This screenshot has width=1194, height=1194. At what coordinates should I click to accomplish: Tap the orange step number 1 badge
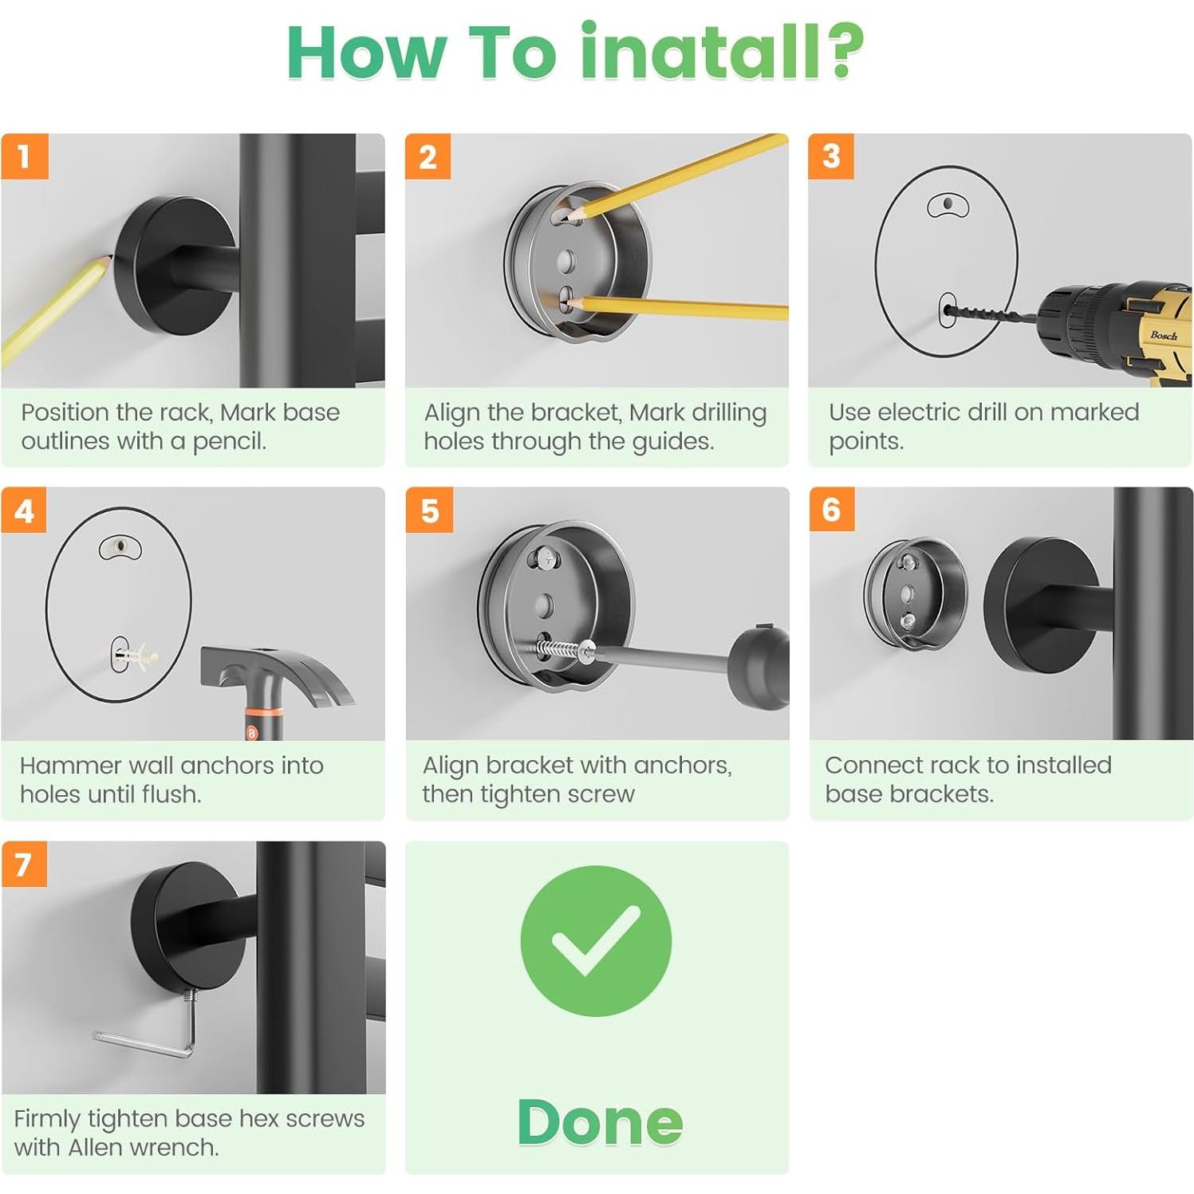coord(25,156)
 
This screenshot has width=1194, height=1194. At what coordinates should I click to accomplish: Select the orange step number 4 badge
coord(25,510)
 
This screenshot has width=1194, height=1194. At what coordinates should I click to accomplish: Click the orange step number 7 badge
coord(24,864)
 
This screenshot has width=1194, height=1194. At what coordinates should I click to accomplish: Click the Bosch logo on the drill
coord(1163,336)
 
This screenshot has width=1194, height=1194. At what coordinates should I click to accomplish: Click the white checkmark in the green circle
coord(596,940)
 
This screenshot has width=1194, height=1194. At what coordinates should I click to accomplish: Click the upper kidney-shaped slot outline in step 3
coord(948,205)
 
